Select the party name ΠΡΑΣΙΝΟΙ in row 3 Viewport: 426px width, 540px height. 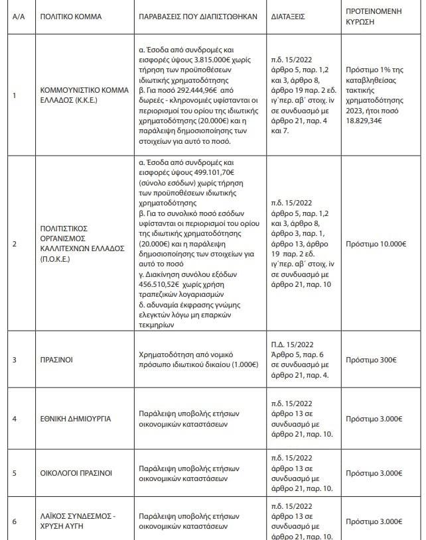(x=56, y=360)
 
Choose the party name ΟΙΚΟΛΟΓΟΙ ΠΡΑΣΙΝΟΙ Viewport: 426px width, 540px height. (x=76, y=473)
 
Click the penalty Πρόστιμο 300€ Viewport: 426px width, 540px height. (x=371, y=360)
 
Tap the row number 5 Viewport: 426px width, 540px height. (x=15, y=473)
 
